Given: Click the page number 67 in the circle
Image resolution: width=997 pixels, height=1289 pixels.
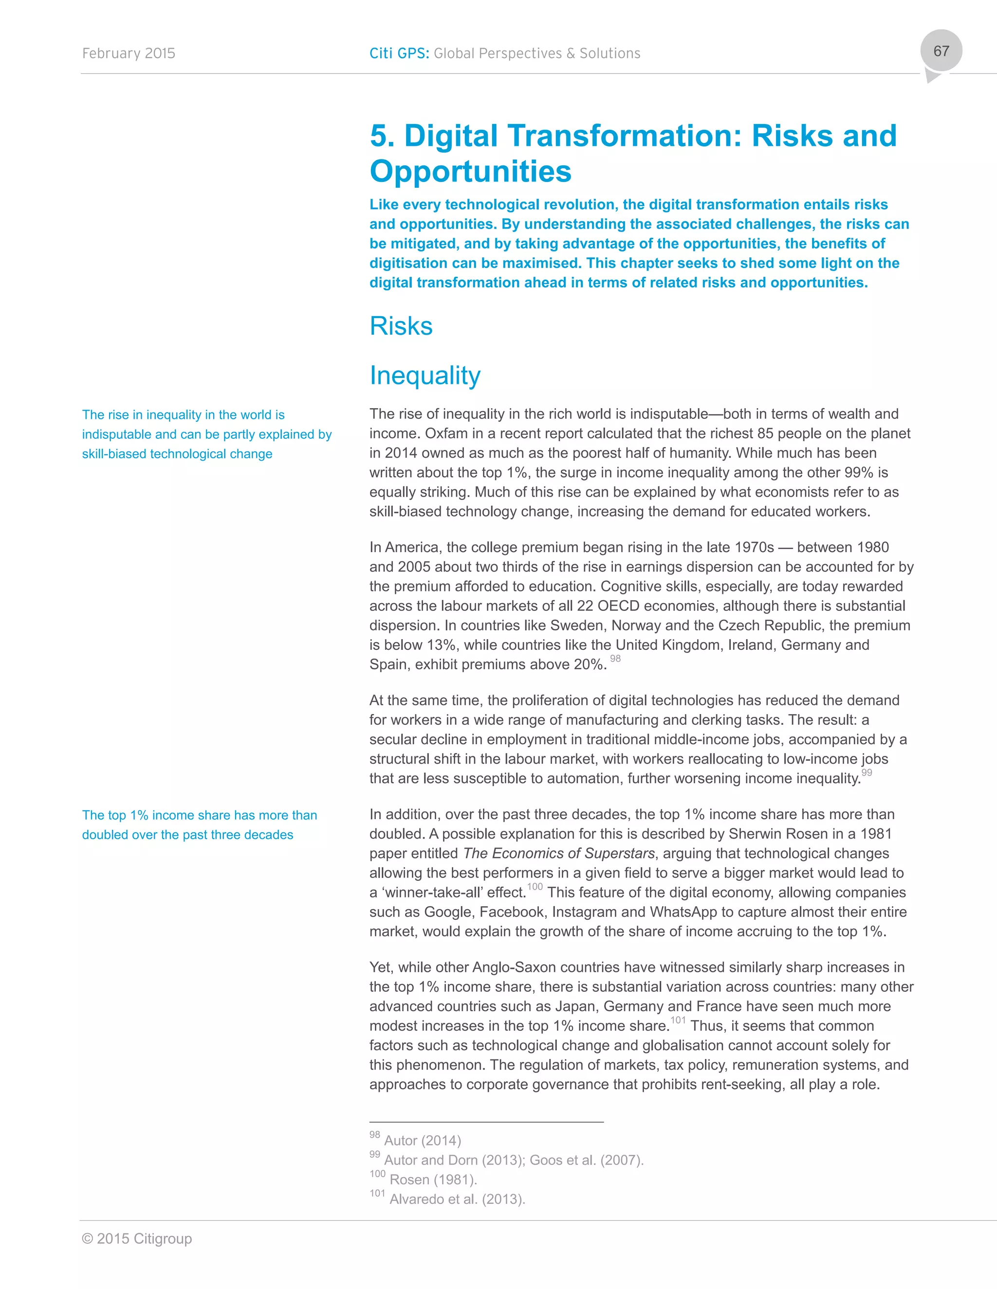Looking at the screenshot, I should coord(941,52).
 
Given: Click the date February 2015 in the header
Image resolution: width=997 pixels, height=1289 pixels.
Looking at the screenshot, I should coord(128,54).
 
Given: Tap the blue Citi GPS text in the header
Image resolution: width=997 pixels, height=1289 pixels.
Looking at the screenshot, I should coord(399,54).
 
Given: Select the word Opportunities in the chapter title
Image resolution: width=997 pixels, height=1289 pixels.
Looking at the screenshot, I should coord(470,171).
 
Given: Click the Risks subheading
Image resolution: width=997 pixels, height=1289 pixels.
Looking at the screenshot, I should coord(401,326).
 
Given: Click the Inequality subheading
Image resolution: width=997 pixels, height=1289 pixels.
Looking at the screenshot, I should coord(425,376).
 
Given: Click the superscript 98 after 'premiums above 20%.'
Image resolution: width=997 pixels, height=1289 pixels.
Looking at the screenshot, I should coord(615,659).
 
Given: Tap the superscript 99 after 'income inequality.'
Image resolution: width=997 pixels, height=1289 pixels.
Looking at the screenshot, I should coord(867,772).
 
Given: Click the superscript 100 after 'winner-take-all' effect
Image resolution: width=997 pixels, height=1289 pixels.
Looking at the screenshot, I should coord(535,886).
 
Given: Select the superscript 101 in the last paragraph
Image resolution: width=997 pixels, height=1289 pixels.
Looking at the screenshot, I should coord(678,1020).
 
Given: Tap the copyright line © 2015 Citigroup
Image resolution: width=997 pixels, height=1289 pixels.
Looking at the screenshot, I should coord(137,1239).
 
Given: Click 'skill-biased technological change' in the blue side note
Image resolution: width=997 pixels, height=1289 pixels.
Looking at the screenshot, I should coord(177,454).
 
